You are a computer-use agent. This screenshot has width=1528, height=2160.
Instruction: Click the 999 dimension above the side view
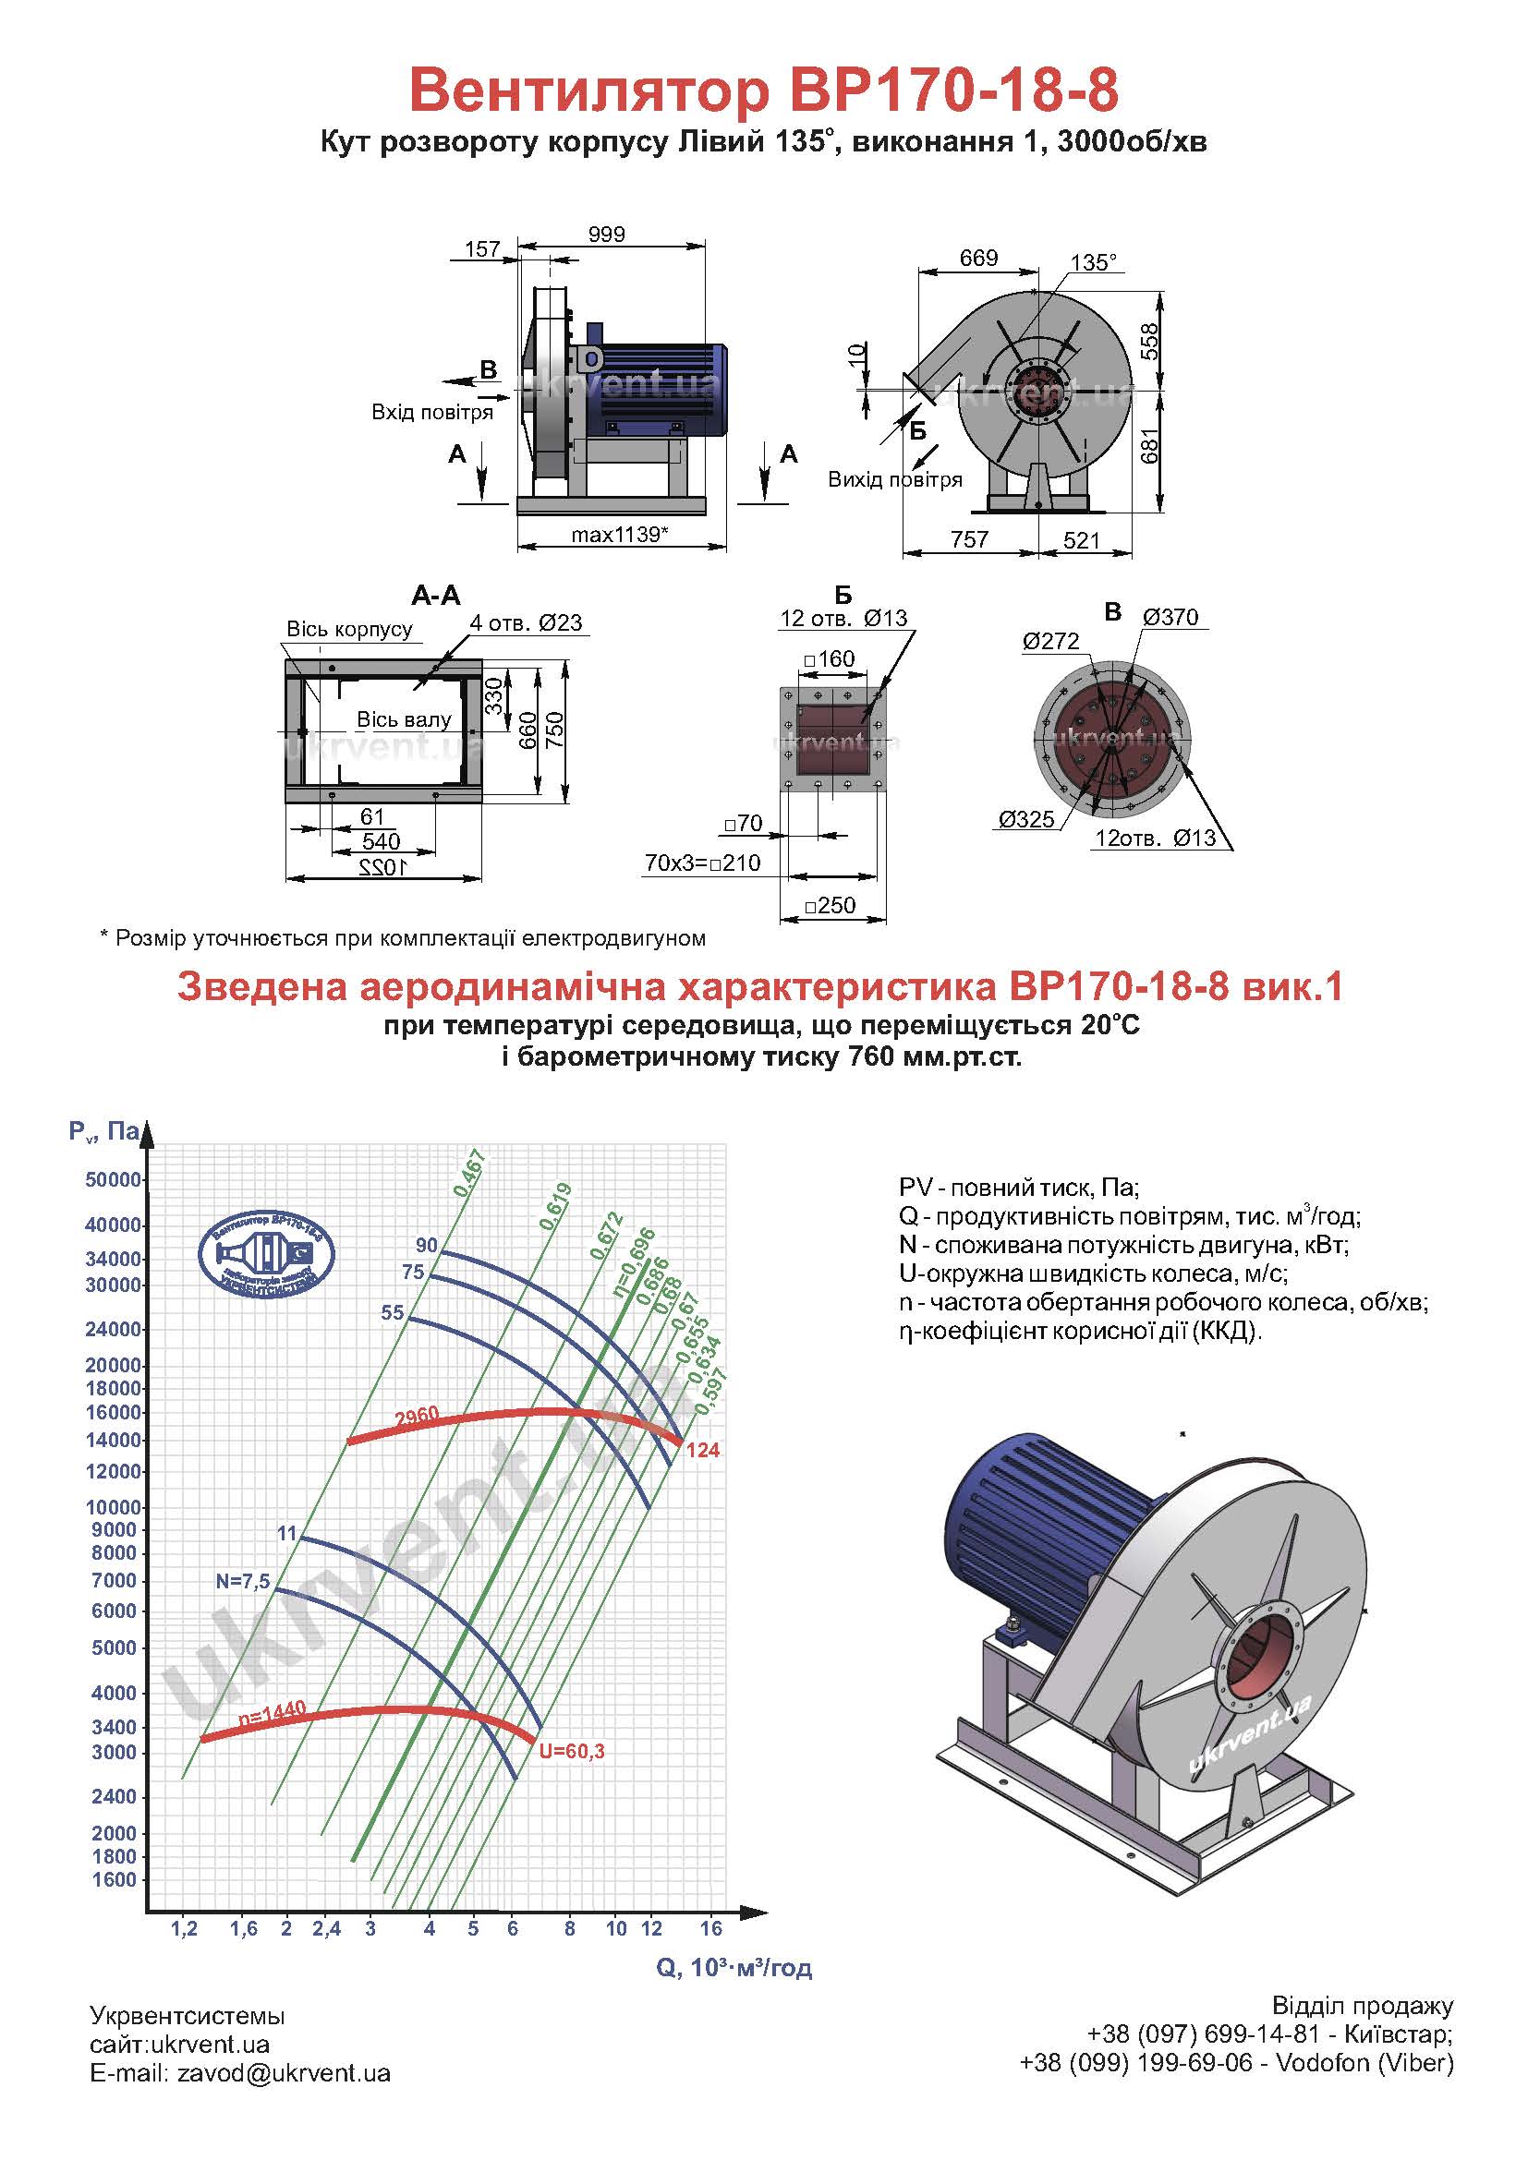click(x=606, y=235)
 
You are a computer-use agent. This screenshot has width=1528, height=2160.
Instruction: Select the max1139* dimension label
click(x=620, y=535)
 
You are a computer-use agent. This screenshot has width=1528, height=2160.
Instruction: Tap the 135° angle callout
click(x=1093, y=261)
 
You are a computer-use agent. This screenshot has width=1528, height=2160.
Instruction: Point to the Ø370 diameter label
click(x=1170, y=617)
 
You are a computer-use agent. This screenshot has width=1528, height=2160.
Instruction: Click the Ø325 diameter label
click(x=1025, y=818)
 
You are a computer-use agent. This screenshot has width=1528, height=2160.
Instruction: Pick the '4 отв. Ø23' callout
click(x=526, y=622)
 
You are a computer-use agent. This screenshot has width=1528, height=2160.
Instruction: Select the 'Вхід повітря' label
click(x=431, y=412)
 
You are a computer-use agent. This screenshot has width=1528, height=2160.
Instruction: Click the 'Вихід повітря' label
click(x=895, y=479)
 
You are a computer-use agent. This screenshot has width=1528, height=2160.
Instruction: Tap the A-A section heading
click(x=436, y=595)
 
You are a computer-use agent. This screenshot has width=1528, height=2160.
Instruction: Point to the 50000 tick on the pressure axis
click(x=113, y=1179)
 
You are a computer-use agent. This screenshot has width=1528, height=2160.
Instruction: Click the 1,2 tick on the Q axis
click(x=185, y=1928)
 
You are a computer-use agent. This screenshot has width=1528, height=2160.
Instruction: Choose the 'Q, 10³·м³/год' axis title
click(x=734, y=1967)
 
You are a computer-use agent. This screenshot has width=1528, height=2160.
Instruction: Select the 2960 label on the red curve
click(x=416, y=1417)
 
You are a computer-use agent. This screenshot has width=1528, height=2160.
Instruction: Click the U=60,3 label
click(x=571, y=1751)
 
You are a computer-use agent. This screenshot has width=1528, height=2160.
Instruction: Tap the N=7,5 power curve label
click(x=243, y=1581)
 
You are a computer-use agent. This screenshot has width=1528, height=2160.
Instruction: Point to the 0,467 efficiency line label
click(x=468, y=1173)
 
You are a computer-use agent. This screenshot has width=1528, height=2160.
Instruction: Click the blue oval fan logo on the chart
click(x=266, y=1253)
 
